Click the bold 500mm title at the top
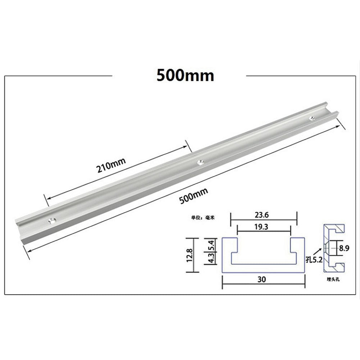(x=185, y=76)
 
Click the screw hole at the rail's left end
(x=52, y=220)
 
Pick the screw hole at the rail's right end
(x=313, y=117)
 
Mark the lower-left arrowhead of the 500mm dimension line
(x=29, y=250)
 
